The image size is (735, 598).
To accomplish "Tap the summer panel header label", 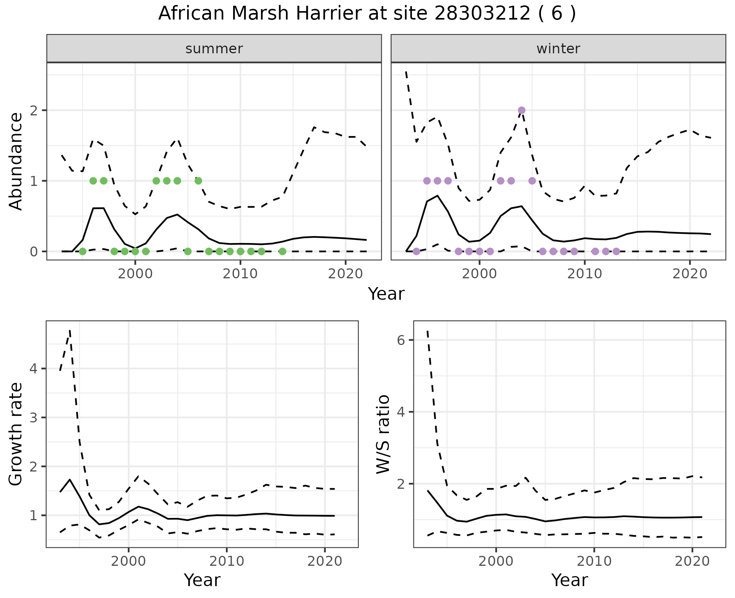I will point(214,49).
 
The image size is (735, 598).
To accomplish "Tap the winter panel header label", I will point(558,49).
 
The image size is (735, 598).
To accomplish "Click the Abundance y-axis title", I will point(16,161).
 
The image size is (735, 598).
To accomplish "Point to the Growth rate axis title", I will point(16,434).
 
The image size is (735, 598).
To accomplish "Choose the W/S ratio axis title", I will point(383,434).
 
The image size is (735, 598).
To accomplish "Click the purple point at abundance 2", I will point(521,110).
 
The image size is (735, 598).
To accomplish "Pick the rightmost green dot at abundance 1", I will point(198,181).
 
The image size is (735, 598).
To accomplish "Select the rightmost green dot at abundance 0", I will point(282,251).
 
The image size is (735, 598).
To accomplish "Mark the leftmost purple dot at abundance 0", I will point(416,251).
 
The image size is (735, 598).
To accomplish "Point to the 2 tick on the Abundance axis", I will point(34,110).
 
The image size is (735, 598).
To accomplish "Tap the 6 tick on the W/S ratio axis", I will point(401,340).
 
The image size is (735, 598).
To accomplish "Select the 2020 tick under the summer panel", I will point(345,274).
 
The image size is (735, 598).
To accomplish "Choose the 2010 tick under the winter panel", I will point(585,274).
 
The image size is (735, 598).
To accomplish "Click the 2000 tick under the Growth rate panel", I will point(129,561).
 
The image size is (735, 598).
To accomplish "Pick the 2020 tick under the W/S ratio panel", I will point(692,561).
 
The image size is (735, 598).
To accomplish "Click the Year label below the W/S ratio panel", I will point(569,580).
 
